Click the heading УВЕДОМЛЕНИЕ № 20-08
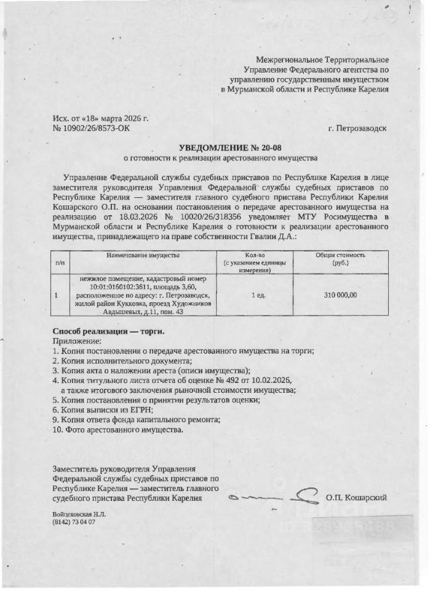click(x=233, y=147)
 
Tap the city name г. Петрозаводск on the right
click(x=357, y=128)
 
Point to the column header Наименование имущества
click(x=142, y=254)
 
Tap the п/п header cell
click(x=60, y=262)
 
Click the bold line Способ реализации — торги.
click(x=109, y=331)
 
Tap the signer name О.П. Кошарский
click(x=357, y=497)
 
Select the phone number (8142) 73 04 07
click(x=74, y=522)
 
